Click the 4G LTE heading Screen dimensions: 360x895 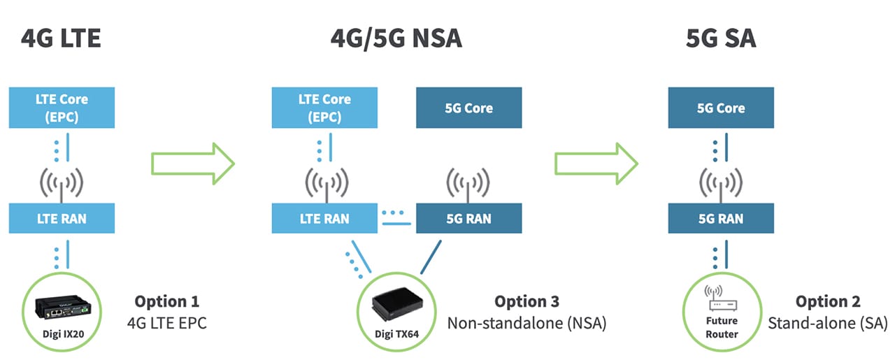coord(62,38)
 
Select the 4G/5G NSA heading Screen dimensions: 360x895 coord(396,38)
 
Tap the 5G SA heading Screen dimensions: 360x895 coord(721,38)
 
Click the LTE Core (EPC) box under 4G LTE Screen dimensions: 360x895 coord(62,108)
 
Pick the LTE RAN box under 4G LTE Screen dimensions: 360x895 coord(62,218)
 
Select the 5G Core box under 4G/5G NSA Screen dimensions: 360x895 coord(468,108)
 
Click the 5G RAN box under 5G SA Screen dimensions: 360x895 coord(721,218)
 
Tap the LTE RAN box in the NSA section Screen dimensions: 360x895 coord(324,218)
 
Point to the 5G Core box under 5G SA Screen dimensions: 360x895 coord(721,108)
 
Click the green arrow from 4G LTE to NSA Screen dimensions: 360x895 coord(192,165)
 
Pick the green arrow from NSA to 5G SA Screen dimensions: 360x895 coord(596,165)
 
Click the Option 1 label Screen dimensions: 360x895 coord(166,301)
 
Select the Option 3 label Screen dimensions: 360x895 coord(527,301)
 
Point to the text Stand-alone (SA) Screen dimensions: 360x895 coord(828,324)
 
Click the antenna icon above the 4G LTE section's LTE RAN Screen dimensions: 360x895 coord(62,183)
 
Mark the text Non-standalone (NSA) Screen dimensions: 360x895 coord(527,324)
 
